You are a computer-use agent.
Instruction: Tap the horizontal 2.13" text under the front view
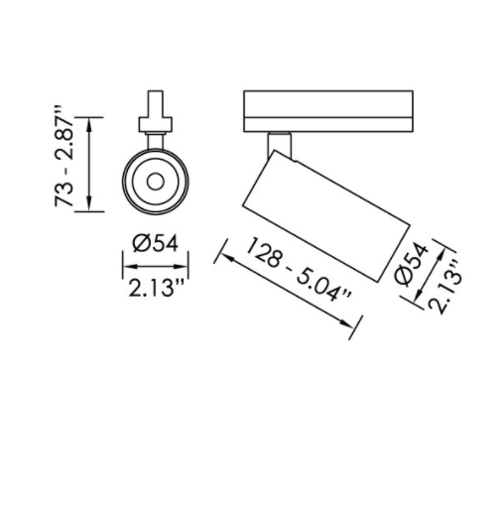click(x=157, y=288)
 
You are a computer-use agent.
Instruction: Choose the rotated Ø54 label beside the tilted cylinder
click(x=411, y=265)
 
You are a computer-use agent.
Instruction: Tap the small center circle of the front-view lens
click(x=156, y=181)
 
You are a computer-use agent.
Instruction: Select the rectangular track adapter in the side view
click(x=327, y=111)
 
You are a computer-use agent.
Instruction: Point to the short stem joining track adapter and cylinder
click(x=280, y=143)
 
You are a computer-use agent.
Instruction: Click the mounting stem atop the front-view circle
click(x=155, y=114)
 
